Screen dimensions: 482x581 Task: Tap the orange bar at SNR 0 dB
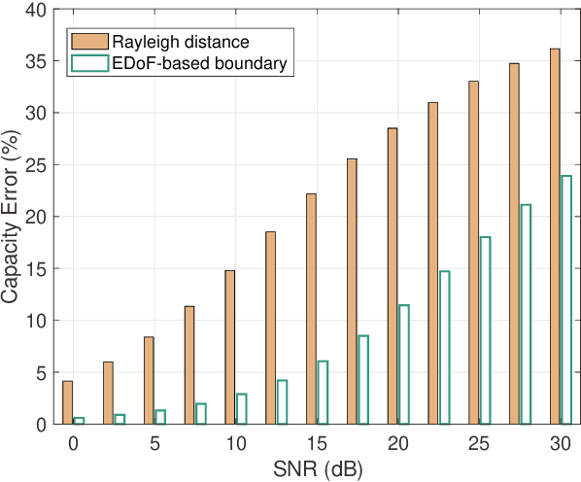67,402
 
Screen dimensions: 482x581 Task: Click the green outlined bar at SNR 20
403,364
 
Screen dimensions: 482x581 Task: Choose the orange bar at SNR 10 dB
229,347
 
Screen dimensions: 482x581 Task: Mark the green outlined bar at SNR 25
485,330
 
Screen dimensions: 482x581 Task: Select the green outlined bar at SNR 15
323,393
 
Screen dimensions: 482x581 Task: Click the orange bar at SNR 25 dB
473,253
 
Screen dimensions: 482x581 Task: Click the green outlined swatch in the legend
89,63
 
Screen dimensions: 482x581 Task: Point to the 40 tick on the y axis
35,10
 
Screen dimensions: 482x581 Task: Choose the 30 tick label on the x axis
560,442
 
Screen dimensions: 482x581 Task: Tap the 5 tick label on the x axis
154,442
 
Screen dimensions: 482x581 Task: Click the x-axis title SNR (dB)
316,468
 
